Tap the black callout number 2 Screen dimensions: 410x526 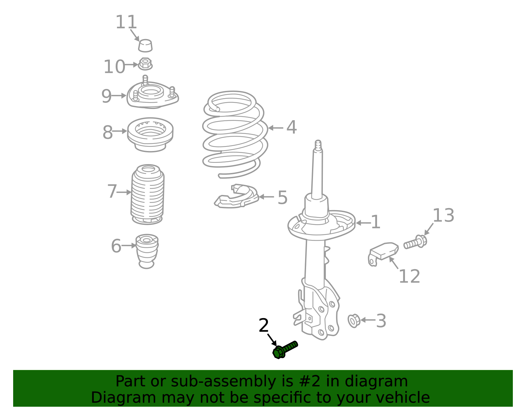point(264,326)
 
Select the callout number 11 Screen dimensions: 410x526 point(126,22)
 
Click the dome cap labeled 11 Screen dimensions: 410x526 point(145,46)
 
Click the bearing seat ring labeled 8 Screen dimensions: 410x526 point(150,134)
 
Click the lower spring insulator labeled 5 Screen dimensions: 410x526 point(237,197)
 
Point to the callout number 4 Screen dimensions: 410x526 point(291,127)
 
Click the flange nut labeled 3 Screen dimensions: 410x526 point(354,320)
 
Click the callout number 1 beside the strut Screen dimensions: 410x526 point(375,222)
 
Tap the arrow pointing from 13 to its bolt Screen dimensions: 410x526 point(429,229)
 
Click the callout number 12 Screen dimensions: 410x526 point(409,276)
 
